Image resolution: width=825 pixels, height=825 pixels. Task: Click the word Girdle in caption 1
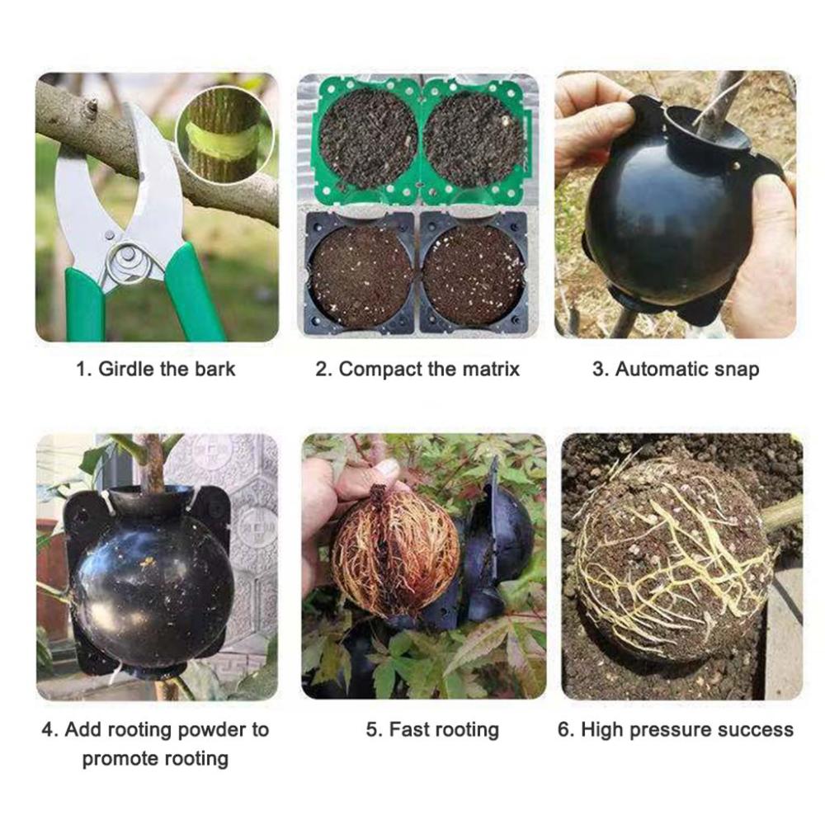[126, 369]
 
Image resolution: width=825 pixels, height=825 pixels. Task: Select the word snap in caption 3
[737, 370]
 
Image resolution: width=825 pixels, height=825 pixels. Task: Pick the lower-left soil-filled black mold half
[360, 274]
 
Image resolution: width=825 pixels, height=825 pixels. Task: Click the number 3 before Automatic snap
[599, 370]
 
